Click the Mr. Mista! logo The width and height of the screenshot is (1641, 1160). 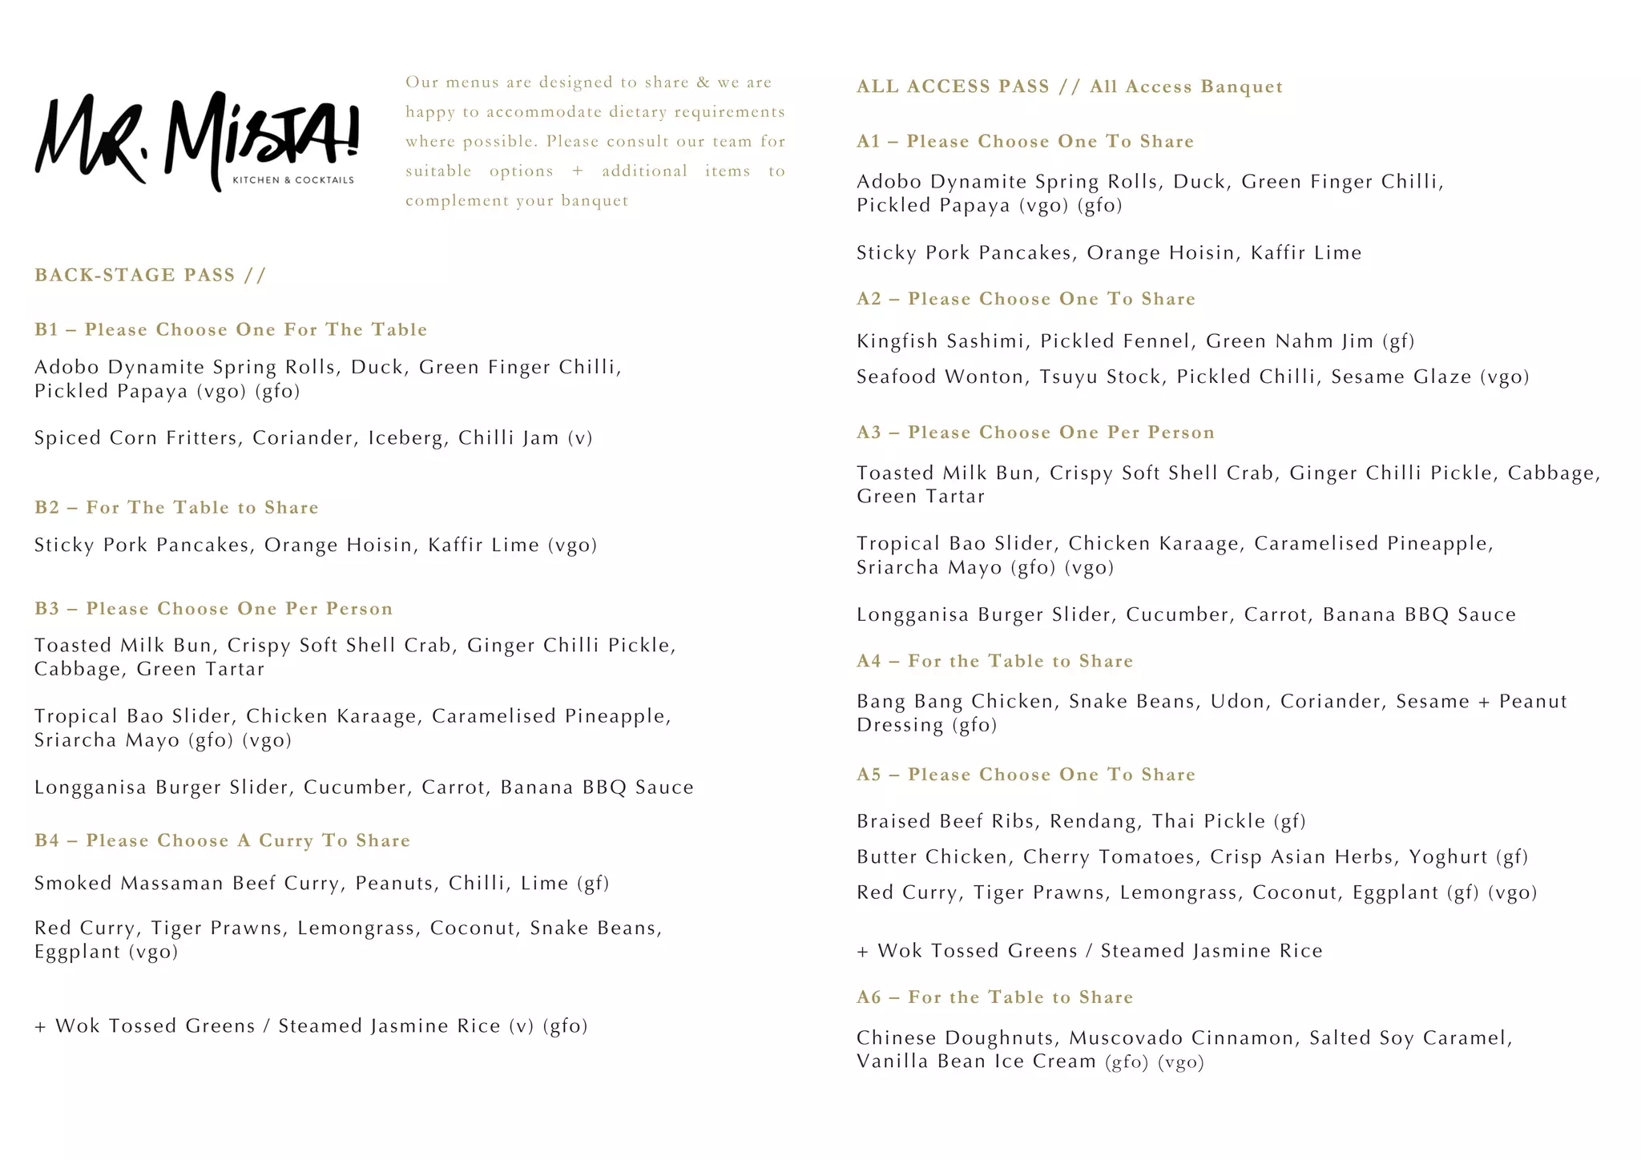pos(196,140)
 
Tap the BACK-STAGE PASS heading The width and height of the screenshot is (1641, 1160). pos(150,276)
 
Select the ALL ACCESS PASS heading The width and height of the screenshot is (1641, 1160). pos(1069,87)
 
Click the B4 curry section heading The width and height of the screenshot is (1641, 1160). pos(222,840)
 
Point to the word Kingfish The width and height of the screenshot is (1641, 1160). pos(897,341)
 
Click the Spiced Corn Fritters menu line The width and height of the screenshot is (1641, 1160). pos(312,438)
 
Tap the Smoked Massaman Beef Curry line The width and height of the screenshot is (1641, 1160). pos(321,884)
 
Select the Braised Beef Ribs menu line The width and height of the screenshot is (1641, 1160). pos(1080,821)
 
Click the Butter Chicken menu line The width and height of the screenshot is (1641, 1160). pos(1191,857)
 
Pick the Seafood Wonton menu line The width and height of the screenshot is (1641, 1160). pos(1192,377)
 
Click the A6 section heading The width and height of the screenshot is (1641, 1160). pos(994,997)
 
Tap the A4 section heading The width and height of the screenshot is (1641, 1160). pos(994,661)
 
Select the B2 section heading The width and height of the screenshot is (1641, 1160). pos(176,508)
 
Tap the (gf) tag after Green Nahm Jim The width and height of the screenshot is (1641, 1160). pos(1398,342)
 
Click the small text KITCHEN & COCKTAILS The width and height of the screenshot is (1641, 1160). pos(292,180)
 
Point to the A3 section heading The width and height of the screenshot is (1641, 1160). pos(1035,433)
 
